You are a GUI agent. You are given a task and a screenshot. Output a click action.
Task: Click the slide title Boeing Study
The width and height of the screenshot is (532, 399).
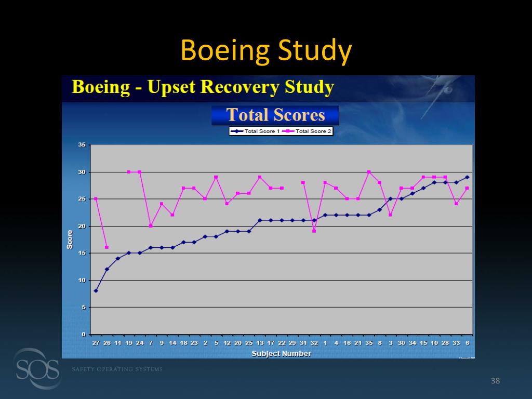pyautogui.click(x=266, y=51)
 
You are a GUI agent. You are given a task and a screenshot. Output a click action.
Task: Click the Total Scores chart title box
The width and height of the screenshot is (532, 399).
pyautogui.click(x=275, y=115)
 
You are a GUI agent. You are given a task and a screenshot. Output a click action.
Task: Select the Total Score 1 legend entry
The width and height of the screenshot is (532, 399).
pyautogui.click(x=256, y=131)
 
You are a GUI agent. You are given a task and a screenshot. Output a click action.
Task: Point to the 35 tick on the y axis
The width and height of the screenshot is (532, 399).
pyautogui.click(x=82, y=145)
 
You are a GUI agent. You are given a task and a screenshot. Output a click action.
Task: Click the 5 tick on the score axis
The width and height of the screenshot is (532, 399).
pyautogui.click(x=84, y=308)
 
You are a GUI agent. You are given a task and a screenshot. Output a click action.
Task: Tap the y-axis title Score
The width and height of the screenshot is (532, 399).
pyautogui.click(x=70, y=240)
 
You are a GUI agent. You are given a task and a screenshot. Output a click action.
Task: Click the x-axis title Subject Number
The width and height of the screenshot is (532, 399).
pyautogui.click(x=281, y=354)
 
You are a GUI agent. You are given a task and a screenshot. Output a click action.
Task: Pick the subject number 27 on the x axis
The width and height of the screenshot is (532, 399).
pyautogui.click(x=96, y=343)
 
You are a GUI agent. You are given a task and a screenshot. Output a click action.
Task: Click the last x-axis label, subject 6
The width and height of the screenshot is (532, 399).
pyautogui.click(x=467, y=343)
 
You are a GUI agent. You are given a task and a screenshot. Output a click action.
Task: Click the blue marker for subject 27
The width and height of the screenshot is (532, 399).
pyautogui.click(x=96, y=291)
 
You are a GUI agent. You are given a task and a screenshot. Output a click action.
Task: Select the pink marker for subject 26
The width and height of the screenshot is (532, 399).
pyautogui.click(x=107, y=247)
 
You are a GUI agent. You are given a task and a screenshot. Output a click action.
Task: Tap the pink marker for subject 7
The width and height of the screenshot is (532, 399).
pyautogui.click(x=151, y=226)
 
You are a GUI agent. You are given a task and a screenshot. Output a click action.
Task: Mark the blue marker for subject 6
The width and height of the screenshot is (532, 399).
pyautogui.click(x=467, y=177)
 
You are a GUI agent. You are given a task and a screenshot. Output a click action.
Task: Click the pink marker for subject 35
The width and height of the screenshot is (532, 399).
pyautogui.click(x=369, y=172)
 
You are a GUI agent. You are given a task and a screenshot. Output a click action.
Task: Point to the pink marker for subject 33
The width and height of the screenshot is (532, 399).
pyautogui.click(x=456, y=204)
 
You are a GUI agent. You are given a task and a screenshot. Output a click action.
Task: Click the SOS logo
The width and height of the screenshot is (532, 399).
pyautogui.click(x=36, y=369)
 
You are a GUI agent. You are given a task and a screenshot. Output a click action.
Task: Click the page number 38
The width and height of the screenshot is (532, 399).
pyautogui.click(x=495, y=382)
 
